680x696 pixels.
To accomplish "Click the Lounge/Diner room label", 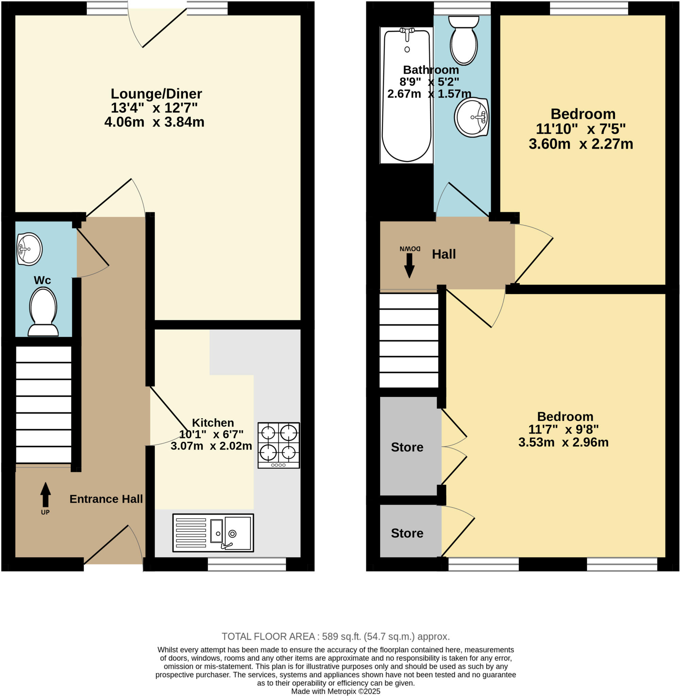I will pyautogui.click(x=156, y=94).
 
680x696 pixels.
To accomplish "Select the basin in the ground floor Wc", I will pyautogui.click(x=29, y=249).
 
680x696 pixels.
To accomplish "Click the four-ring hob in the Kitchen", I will pyautogui.click(x=278, y=445).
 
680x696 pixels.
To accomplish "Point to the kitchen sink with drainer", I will pyautogui.click(x=213, y=533).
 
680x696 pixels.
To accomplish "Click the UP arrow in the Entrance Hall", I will pyautogui.click(x=45, y=495).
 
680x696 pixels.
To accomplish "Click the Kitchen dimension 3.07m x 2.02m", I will pyautogui.click(x=211, y=446).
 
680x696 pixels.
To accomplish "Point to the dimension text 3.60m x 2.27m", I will pyautogui.click(x=581, y=144).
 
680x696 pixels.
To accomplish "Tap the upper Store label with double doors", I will pyautogui.click(x=407, y=447).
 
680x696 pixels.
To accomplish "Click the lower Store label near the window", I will pyautogui.click(x=407, y=533).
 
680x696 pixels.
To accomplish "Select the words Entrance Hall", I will pyautogui.click(x=106, y=499).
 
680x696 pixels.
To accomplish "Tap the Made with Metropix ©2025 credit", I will pyautogui.click(x=335, y=691).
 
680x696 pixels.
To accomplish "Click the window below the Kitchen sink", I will pyautogui.click(x=247, y=564).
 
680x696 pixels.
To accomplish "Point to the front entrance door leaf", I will pyautogui.click(x=106, y=544).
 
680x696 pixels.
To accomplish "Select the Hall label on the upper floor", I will pyautogui.click(x=444, y=254).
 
